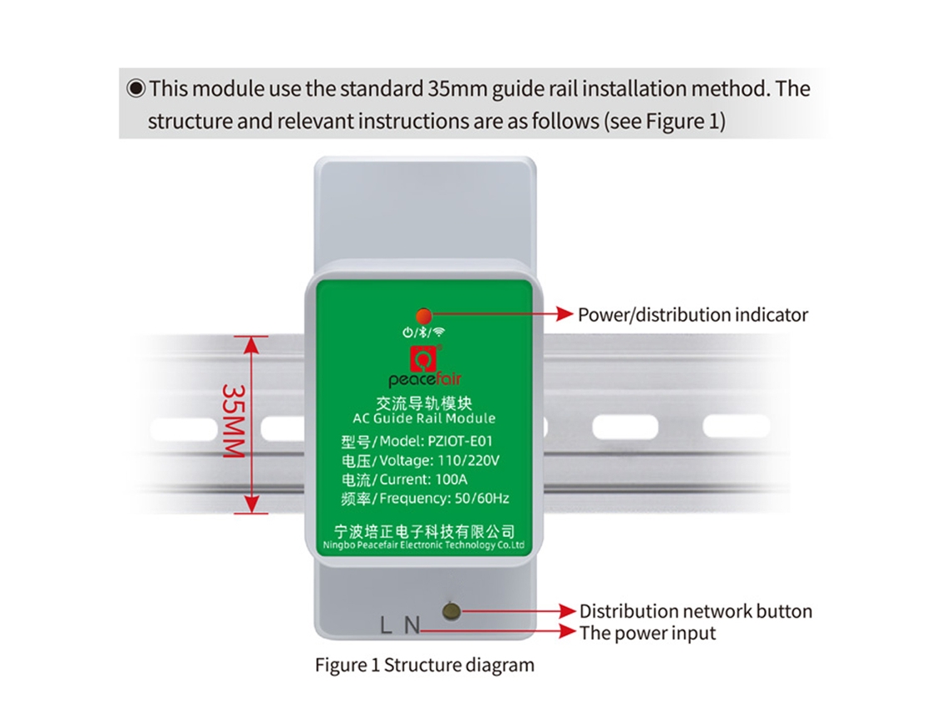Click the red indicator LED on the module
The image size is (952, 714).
[x=423, y=316]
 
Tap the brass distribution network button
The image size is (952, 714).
[x=451, y=610]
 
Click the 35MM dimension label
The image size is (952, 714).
[x=234, y=421]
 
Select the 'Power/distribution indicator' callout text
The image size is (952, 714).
[x=693, y=315]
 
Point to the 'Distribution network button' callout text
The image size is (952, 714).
[x=696, y=610]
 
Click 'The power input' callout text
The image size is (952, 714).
[x=648, y=633]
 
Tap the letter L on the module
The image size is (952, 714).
[x=386, y=625]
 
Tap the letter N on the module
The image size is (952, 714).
[x=413, y=625]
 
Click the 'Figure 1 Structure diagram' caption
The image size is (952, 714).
[x=424, y=665]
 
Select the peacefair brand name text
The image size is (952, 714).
[x=425, y=379]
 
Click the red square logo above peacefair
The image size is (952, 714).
[x=423, y=358]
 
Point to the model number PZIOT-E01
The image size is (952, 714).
[x=460, y=441]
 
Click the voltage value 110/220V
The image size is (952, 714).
[x=468, y=460]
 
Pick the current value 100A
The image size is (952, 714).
[x=451, y=479]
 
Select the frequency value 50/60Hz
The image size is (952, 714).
[x=482, y=499]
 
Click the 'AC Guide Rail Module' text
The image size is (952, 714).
[x=423, y=418]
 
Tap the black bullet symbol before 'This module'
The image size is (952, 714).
[x=136, y=89]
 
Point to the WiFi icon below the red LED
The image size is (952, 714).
[x=439, y=332]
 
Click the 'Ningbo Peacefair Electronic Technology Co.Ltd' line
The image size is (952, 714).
[x=423, y=545]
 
